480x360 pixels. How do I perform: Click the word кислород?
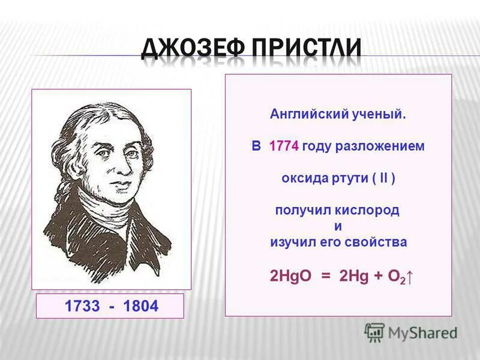pyautogui.click(x=370, y=211)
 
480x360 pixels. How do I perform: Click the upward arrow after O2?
pyautogui.click(x=412, y=278)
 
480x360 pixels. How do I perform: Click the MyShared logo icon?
pyautogui.click(x=374, y=332)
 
